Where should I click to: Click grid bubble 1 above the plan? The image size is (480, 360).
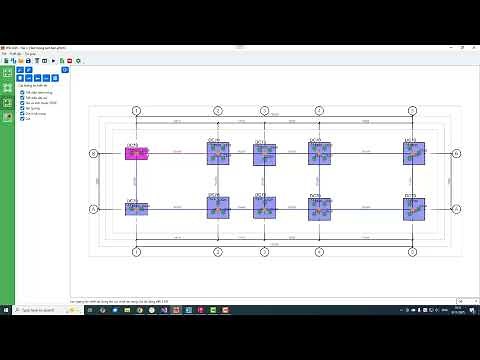136,111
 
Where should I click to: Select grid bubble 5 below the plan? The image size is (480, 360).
412,251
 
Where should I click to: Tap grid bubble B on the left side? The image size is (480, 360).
93,153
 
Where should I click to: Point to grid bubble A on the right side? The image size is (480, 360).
456,209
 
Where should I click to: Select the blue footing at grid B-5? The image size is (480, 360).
414,153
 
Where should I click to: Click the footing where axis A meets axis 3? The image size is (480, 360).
264,209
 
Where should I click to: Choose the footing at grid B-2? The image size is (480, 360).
218,153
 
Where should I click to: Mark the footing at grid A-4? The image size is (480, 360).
319,209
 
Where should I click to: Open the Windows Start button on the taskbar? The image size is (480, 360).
5,309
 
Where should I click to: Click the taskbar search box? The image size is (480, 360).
40,309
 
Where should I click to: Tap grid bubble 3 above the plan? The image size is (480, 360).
264,111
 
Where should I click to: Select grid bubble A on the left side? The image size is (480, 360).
93,209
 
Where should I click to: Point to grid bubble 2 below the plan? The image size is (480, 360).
218,251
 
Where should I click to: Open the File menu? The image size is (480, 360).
5,54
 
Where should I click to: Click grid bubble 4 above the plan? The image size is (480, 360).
319,111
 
